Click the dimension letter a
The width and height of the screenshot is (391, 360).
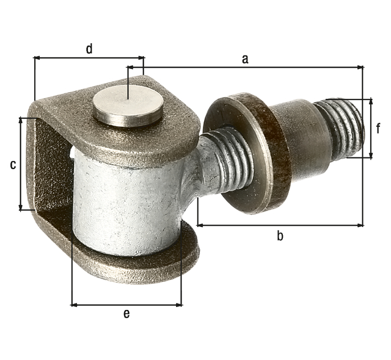[x=245, y=59]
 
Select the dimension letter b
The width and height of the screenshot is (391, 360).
[x=280, y=236]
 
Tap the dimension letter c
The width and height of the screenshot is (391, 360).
[x=12, y=165]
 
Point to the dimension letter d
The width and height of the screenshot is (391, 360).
[x=89, y=49]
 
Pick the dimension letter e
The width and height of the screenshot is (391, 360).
[x=126, y=314]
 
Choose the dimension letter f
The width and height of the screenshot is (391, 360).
[x=378, y=128]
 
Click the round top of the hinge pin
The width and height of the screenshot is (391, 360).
[x=128, y=105]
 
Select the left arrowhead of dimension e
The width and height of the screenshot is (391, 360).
[x=75, y=304]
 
